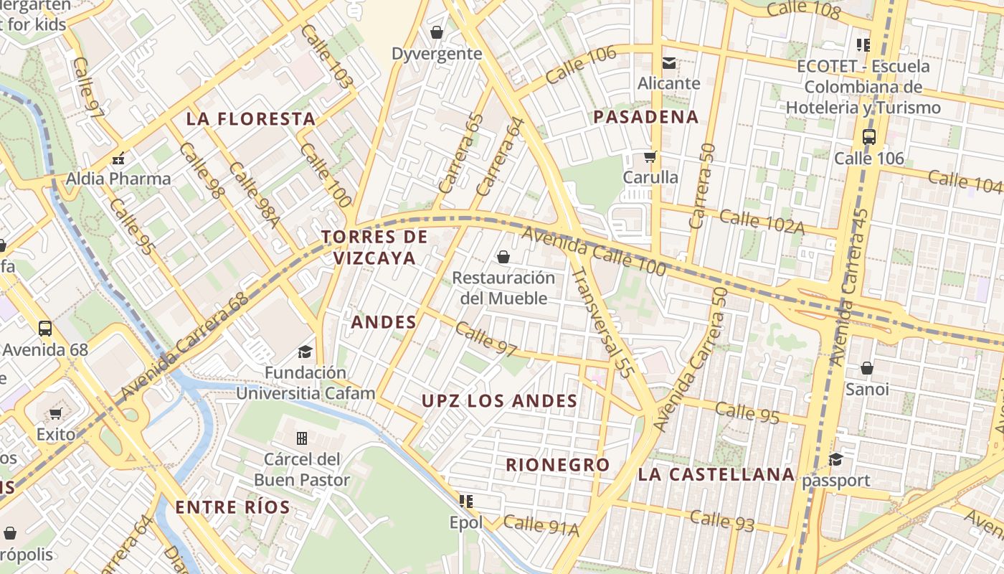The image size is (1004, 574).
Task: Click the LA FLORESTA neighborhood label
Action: point(251,119)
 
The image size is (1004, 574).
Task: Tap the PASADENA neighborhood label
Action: point(646,117)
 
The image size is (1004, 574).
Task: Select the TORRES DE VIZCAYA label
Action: point(374,247)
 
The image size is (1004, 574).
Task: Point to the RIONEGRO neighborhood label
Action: point(558,465)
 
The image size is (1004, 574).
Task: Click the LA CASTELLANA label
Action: point(716,474)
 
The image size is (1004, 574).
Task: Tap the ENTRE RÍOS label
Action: point(233,507)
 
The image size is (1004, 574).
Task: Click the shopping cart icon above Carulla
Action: point(650,156)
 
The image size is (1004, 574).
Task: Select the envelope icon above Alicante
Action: point(669,63)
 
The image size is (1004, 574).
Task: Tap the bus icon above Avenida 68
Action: point(45,329)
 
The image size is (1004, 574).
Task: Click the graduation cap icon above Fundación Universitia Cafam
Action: point(306,352)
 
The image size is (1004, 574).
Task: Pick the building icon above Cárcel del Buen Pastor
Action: point(302,438)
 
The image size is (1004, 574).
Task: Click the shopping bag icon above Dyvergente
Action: point(436,32)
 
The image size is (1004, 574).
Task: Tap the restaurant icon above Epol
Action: point(466,501)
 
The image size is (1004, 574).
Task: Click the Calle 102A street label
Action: point(762,222)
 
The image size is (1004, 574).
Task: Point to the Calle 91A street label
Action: point(541,526)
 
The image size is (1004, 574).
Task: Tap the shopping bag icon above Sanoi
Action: point(867,369)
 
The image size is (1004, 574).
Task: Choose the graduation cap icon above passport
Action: point(835,459)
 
